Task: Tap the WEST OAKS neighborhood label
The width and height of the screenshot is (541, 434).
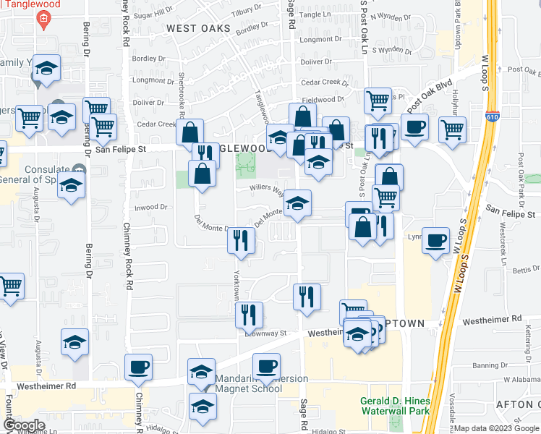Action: (x=197, y=29)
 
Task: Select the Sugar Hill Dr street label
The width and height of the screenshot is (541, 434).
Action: (x=153, y=14)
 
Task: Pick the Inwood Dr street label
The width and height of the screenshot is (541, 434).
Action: (x=151, y=208)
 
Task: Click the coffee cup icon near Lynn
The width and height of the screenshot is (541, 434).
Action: (x=435, y=240)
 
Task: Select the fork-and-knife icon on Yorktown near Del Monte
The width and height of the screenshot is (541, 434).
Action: (x=241, y=239)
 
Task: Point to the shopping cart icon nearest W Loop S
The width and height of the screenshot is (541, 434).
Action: (x=452, y=129)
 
